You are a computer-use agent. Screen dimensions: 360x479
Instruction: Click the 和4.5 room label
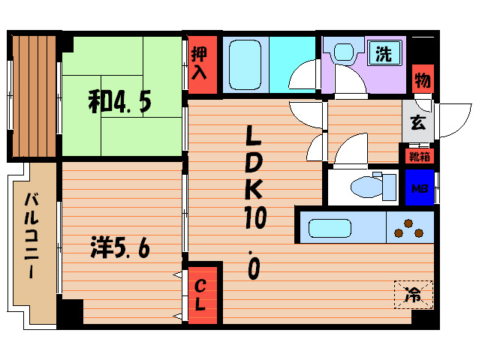point(120,102)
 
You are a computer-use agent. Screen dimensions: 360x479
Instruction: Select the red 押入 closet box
point(199,63)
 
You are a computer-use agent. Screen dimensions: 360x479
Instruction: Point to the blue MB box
point(418,187)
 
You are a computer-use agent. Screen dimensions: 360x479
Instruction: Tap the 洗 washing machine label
point(384,54)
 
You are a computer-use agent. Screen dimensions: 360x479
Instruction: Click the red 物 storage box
point(421,79)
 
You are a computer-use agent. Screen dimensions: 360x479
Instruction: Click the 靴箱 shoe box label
point(417,157)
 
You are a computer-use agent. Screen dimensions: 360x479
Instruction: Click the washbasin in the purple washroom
point(344,52)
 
